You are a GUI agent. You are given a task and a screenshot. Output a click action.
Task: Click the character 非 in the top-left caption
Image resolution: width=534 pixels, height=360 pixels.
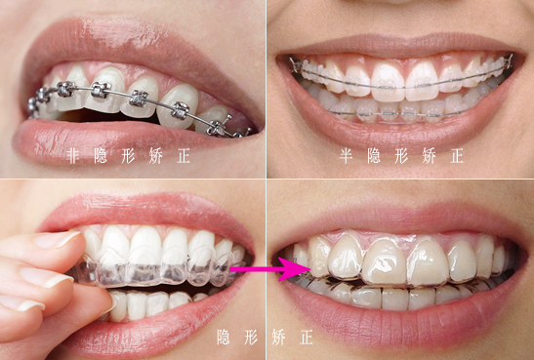73,156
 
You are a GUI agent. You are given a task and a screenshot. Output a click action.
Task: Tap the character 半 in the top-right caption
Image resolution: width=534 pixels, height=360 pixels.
346,156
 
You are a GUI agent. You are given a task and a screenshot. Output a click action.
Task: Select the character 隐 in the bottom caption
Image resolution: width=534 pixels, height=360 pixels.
224,338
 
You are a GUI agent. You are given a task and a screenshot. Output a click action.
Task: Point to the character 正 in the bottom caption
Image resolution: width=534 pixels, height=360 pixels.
307,338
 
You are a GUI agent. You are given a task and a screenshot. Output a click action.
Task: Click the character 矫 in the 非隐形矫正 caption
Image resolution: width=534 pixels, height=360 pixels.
155,156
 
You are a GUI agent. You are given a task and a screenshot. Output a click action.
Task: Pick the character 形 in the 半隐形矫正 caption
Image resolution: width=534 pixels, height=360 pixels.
401,156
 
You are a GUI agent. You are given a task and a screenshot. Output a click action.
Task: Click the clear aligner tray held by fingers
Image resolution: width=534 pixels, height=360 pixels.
156,269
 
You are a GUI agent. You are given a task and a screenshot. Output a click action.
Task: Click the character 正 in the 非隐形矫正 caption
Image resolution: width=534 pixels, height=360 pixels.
184,156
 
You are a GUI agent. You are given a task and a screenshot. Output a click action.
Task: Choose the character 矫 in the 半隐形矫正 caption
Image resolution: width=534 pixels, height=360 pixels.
430,156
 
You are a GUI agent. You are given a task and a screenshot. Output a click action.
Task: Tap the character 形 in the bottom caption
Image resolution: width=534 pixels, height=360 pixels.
251,338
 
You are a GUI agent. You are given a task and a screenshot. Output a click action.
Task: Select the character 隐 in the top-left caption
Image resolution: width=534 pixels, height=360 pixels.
101,156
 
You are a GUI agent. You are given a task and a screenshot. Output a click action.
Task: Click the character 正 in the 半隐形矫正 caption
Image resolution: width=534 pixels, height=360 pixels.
457,156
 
